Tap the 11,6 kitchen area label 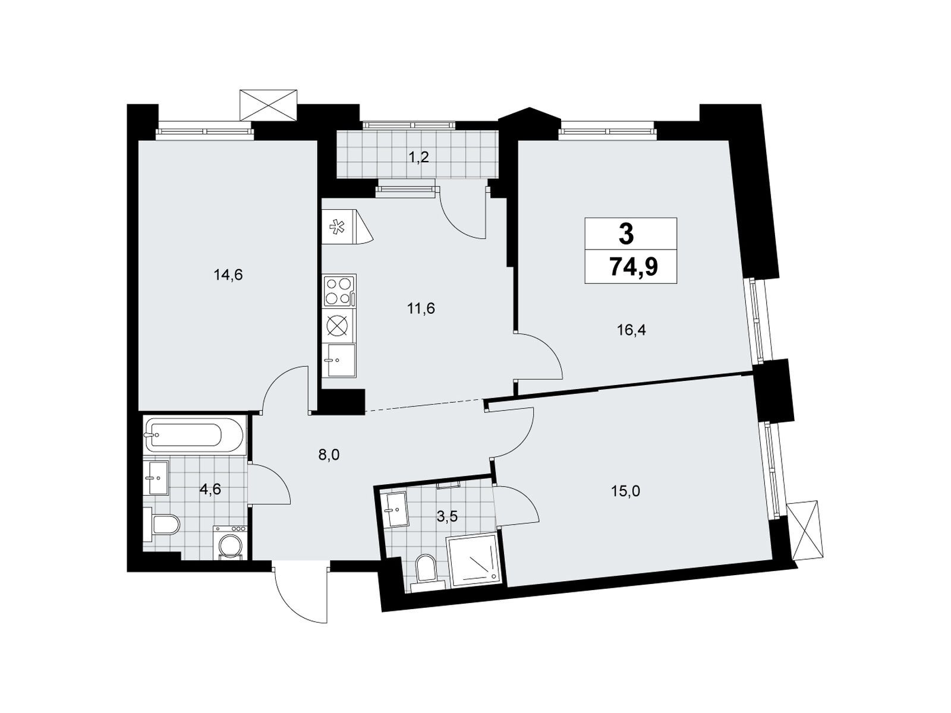point(421,308)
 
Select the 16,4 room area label point(631,330)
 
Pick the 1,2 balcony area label point(418,157)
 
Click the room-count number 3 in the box point(626,234)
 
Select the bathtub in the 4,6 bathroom point(194,436)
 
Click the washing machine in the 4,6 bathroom point(229,542)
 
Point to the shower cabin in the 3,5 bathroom point(474,560)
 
